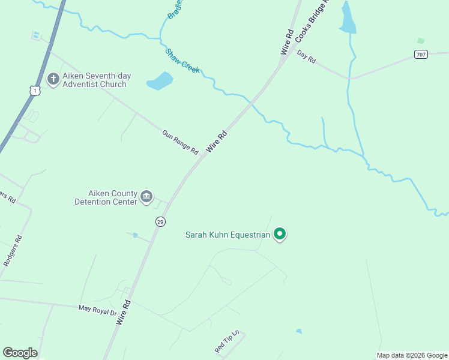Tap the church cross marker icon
point(53,79)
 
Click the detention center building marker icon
point(146,197)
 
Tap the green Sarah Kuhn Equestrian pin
point(279,234)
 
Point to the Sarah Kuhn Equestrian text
point(228,235)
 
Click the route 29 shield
point(160,221)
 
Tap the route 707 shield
point(421,54)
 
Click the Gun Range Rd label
point(180,142)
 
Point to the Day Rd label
point(306,57)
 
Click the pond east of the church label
point(160,80)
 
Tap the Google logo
point(20,353)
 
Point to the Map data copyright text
point(412,355)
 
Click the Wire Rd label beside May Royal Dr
point(124,312)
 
